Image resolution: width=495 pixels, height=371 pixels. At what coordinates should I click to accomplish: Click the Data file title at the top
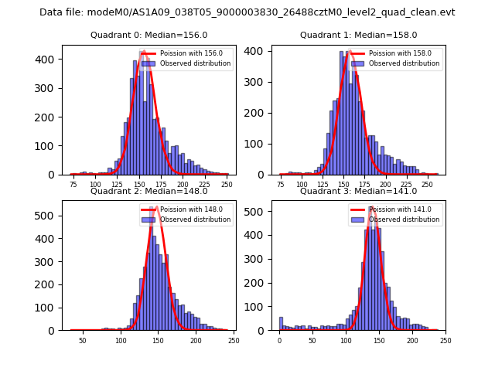[247, 12]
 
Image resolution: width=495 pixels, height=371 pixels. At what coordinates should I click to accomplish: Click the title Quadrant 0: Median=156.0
[149, 35]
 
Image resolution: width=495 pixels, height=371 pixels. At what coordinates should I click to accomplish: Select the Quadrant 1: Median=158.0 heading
[358, 35]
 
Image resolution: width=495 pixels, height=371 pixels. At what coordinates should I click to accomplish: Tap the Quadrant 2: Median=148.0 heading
[149, 191]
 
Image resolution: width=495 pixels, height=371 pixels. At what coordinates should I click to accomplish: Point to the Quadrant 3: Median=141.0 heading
[358, 191]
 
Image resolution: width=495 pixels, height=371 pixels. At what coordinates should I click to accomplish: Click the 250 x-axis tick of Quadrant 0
[227, 185]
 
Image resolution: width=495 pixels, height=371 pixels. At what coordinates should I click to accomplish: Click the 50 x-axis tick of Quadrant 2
[83, 341]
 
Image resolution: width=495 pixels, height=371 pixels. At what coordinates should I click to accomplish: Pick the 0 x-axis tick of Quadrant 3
[280, 341]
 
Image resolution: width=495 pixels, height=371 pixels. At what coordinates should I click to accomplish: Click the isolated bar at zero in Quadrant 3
[281, 324]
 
